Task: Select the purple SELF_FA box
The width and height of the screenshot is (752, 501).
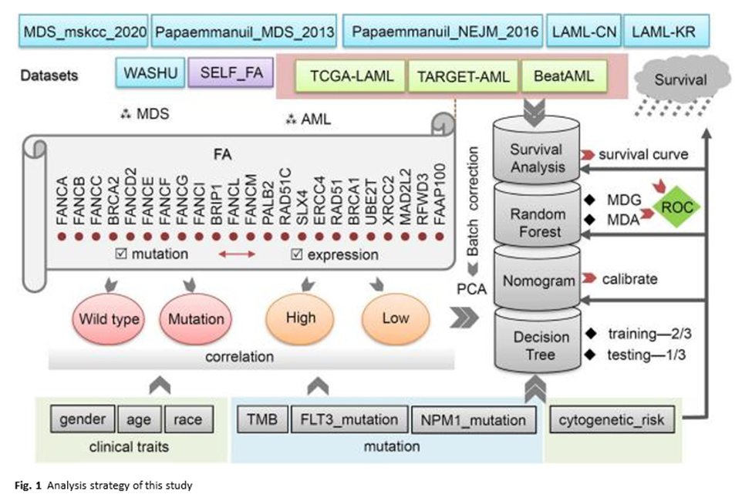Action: click(231, 76)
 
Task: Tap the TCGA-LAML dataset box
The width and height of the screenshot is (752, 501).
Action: click(352, 77)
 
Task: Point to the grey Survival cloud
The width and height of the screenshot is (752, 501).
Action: click(679, 79)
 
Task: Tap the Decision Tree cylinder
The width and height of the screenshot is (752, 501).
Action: click(541, 345)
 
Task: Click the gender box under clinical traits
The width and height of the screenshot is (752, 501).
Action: click(82, 420)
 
